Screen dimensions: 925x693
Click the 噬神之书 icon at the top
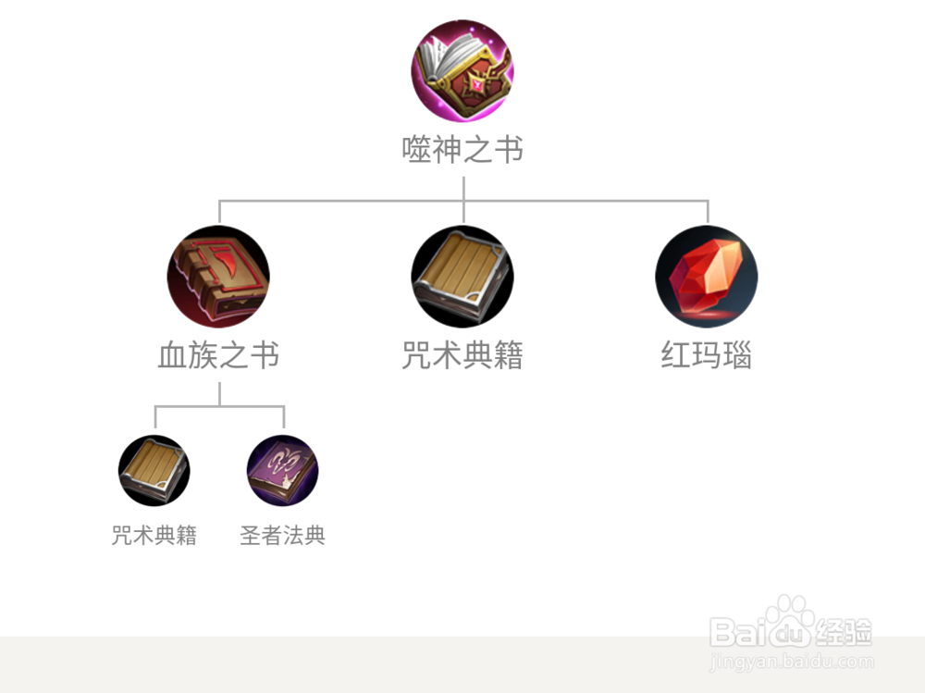(462, 71)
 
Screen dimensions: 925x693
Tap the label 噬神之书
(462, 150)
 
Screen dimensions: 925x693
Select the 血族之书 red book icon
(218, 277)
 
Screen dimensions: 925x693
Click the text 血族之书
(218, 355)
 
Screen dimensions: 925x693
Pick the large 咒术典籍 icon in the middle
(462, 277)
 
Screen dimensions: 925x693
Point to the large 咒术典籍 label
(462, 355)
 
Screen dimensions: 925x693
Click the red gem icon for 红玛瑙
(707, 277)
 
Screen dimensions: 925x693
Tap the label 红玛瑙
(707, 355)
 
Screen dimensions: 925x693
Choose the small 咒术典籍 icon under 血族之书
(154, 470)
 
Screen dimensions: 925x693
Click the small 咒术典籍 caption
(154, 536)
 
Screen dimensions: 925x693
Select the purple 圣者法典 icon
(282, 470)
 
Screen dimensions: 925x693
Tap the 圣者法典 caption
(282, 536)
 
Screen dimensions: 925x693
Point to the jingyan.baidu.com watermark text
(791, 662)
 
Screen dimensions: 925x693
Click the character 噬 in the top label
(416, 150)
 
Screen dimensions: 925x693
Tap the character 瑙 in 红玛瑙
(737, 355)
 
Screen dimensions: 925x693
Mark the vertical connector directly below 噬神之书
(462, 187)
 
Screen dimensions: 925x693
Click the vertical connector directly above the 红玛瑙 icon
(708, 212)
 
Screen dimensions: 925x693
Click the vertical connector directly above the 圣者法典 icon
(283, 416)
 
